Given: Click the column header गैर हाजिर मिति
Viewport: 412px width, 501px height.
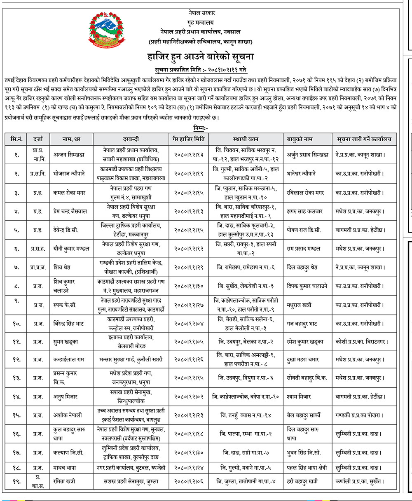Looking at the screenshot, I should point(189,139).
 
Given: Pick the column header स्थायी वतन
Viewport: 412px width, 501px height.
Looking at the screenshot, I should point(246,139).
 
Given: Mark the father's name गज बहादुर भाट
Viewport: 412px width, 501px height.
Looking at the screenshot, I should point(302,324).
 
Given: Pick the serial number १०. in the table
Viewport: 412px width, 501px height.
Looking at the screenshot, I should point(17,324).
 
